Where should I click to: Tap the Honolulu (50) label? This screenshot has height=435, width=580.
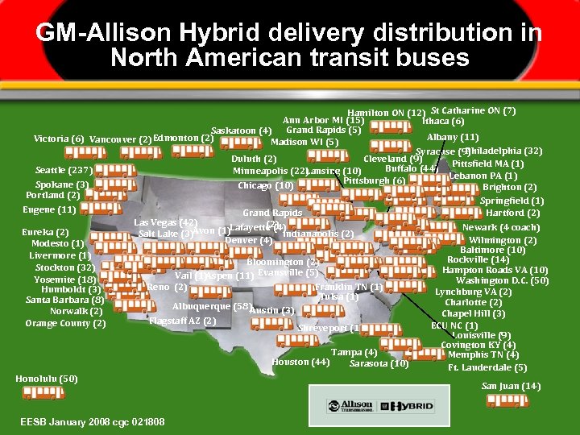(x=47, y=379)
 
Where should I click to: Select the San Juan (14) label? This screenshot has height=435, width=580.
(x=511, y=386)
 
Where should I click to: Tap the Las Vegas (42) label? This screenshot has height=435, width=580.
(x=165, y=222)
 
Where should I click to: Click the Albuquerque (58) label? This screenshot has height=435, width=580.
(x=210, y=306)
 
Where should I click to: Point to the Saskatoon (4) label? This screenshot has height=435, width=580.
(x=240, y=130)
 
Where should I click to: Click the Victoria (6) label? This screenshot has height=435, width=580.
(x=58, y=139)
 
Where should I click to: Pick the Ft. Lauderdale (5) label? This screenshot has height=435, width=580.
(x=488, y=367)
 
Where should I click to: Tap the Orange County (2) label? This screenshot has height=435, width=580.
(x=65, y=324)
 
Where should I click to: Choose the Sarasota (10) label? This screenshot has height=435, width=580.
(x=379, y=363)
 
